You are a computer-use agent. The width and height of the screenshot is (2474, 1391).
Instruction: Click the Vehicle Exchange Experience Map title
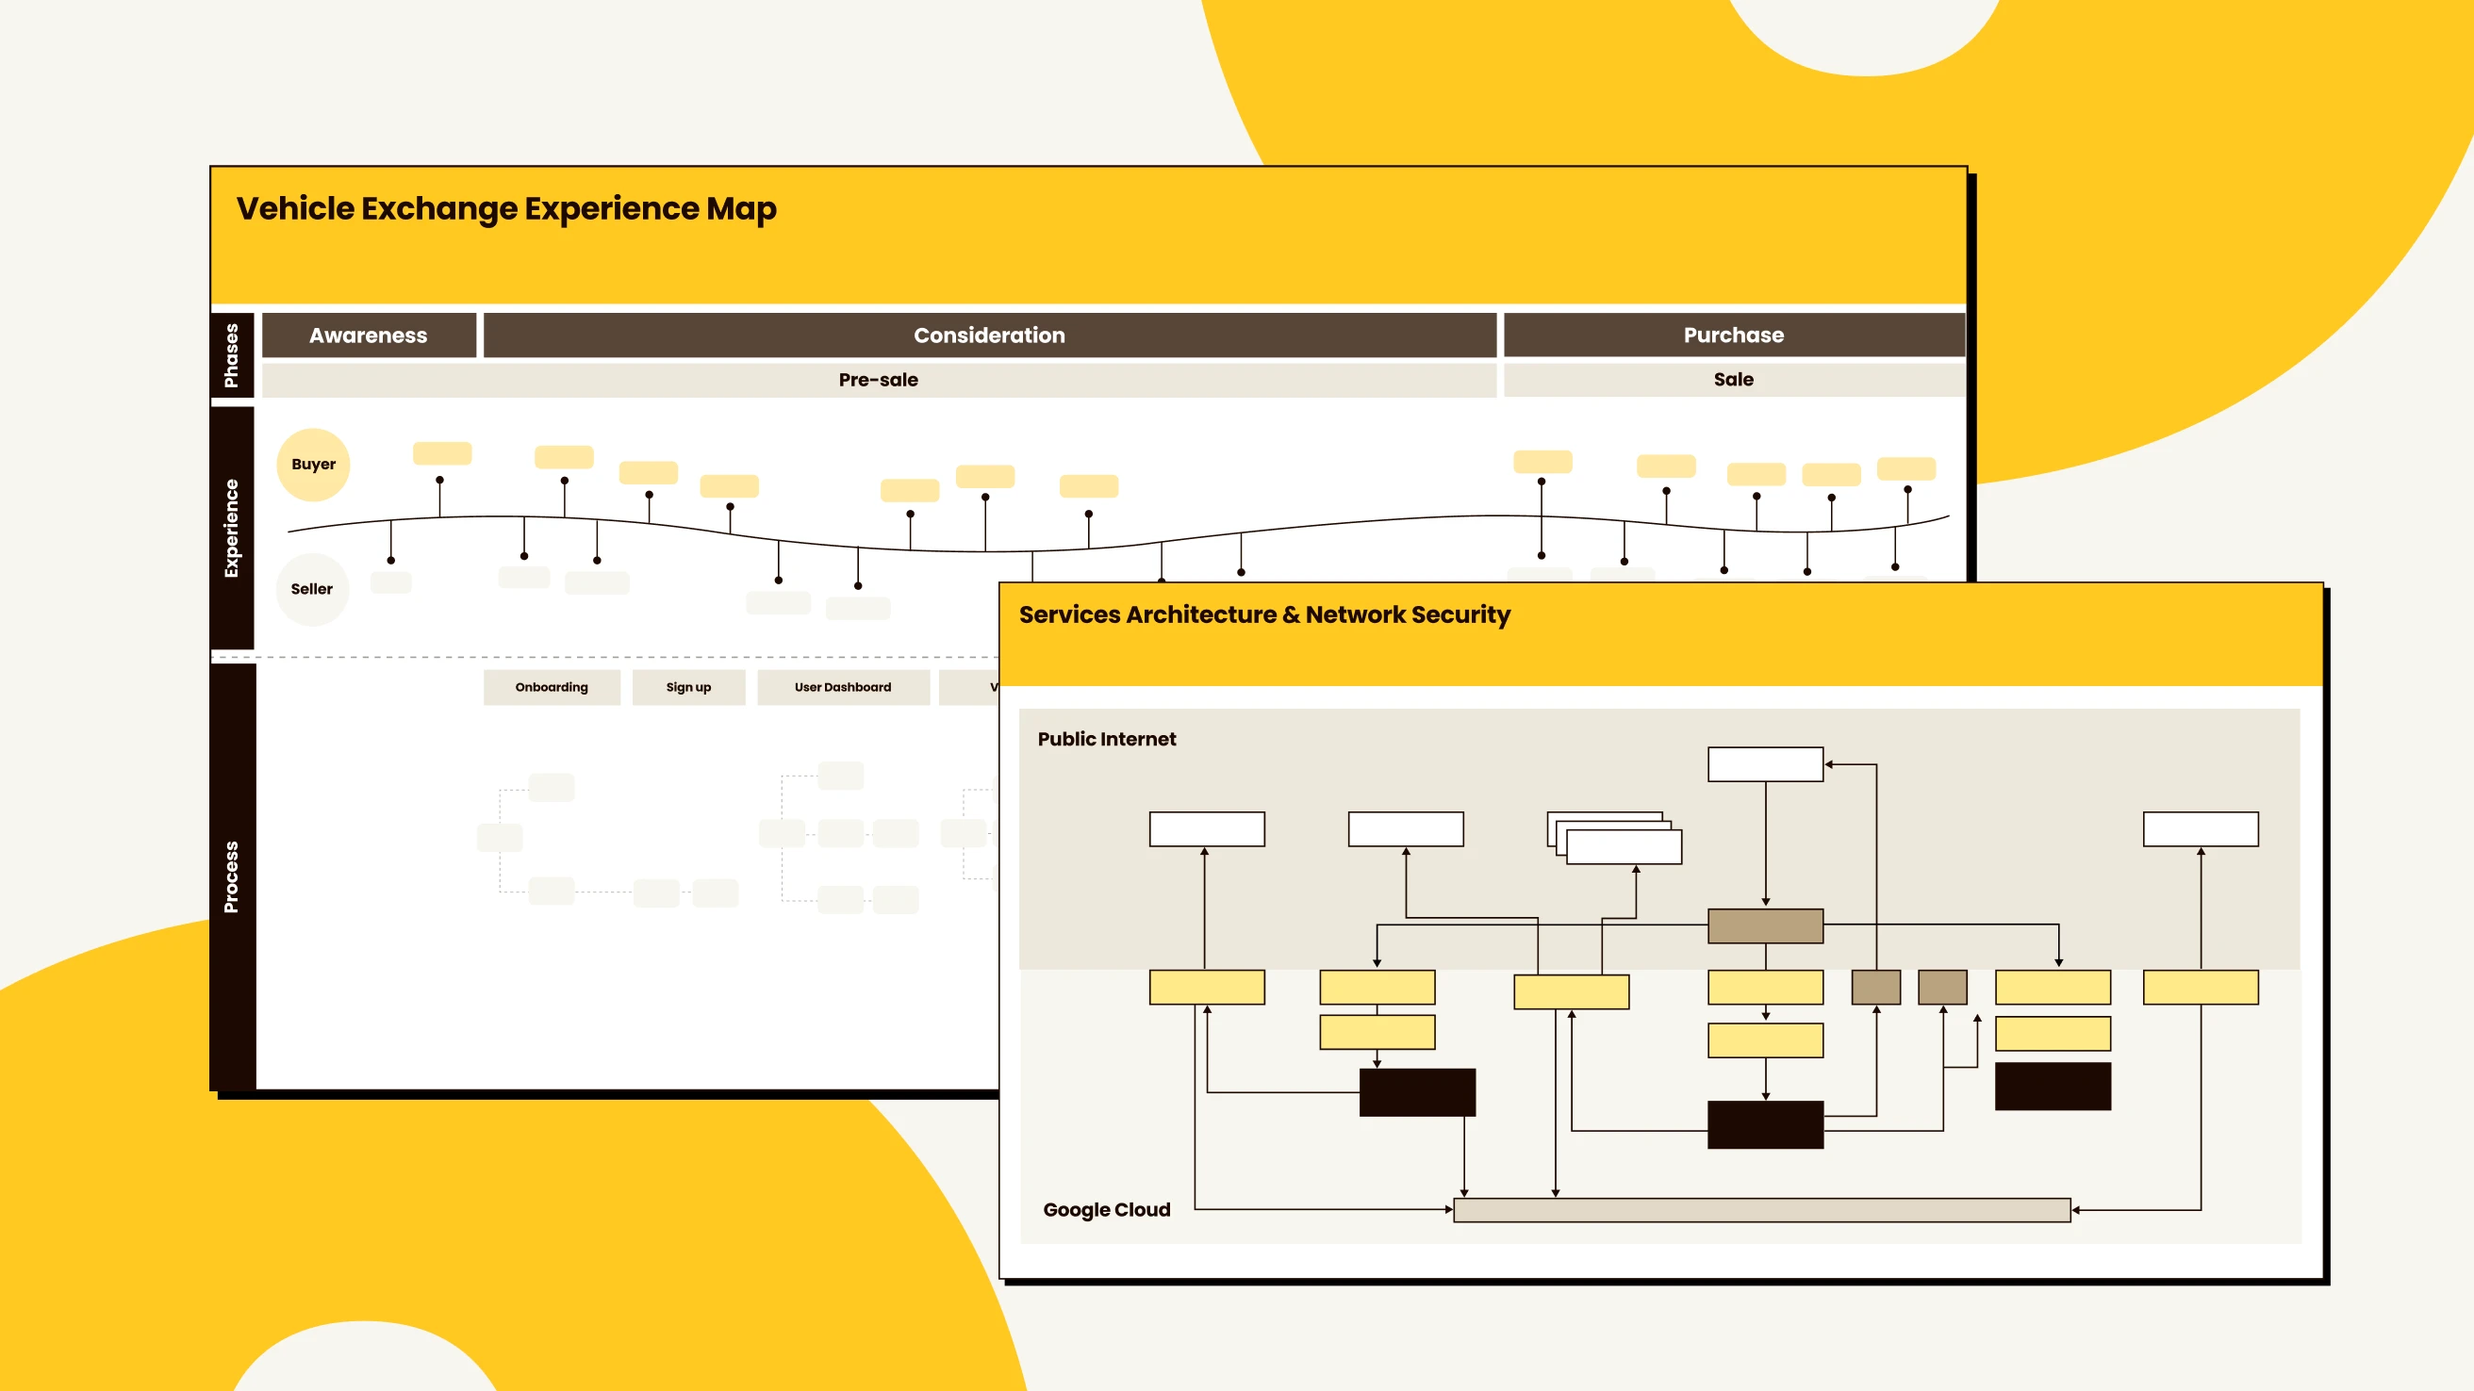506,208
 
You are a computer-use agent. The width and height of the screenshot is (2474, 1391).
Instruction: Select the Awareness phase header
369,335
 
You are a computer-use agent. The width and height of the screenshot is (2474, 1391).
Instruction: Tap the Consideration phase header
989,335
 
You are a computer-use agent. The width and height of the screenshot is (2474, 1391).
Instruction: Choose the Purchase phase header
1734,335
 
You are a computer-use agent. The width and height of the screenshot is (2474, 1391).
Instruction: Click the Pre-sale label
878,380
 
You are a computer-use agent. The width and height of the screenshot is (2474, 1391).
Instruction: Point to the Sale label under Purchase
1734,380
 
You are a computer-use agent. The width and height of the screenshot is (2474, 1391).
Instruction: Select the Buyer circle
313,465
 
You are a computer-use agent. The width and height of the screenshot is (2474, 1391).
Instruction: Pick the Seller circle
312,589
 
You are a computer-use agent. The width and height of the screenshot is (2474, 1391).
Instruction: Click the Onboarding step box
552,687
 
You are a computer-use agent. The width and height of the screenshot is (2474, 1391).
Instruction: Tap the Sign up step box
688,687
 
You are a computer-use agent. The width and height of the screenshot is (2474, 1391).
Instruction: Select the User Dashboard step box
842,687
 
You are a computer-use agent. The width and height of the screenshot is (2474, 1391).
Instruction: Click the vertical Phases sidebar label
231,355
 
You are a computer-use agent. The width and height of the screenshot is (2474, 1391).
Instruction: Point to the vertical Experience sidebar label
231,528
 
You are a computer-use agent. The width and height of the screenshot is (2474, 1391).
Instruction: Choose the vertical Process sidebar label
231,876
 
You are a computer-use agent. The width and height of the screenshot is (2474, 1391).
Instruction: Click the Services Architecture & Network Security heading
1264,614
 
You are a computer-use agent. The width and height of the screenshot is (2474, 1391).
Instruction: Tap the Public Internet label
1106,739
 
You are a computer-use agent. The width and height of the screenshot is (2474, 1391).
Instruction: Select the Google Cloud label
1106,1209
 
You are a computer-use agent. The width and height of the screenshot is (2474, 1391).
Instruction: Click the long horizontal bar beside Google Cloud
1761,1209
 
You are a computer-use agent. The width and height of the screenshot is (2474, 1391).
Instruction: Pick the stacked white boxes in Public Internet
1615,838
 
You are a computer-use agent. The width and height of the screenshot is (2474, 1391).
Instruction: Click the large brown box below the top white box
1765,926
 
